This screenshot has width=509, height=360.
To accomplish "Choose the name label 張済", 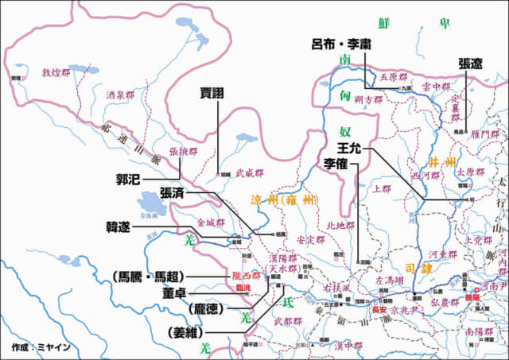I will [174, 192].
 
